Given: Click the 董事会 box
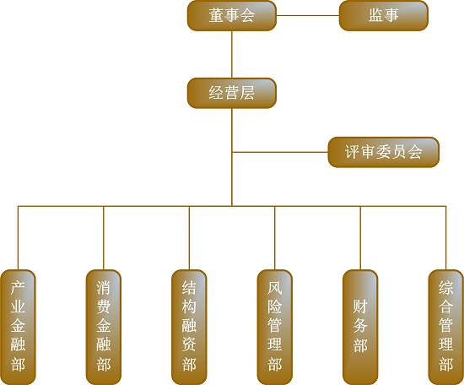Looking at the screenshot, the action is pos(232,15).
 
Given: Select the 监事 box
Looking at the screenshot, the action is pos(384,15).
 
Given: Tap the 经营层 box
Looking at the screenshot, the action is pos(232,93).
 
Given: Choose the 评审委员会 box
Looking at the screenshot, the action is pos(384,152).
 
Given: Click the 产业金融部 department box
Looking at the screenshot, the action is pos(18,328).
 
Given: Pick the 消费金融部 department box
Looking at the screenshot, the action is pos(104,328).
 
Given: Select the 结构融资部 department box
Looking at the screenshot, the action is pos(189,328).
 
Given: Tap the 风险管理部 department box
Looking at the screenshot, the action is pos(275,328).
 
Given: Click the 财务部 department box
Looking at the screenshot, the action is pos(360,328).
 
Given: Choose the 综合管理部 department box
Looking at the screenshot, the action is pos(446,328).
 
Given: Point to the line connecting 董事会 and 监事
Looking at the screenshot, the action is pos(308,15).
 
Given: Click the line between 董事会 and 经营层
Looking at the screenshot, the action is pos(232,55).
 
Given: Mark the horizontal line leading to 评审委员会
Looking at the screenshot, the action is pos(280,152).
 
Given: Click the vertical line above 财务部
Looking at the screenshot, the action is pos(360,238).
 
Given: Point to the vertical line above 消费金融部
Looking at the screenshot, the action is pos(104,238).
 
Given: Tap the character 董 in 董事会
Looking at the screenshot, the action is pos(216,15).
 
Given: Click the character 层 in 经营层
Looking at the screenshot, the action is pos(247,93).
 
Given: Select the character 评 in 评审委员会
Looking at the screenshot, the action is pos(353,152).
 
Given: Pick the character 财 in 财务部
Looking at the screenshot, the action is pos(360,306).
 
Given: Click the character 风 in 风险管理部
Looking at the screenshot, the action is pos(275,288).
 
